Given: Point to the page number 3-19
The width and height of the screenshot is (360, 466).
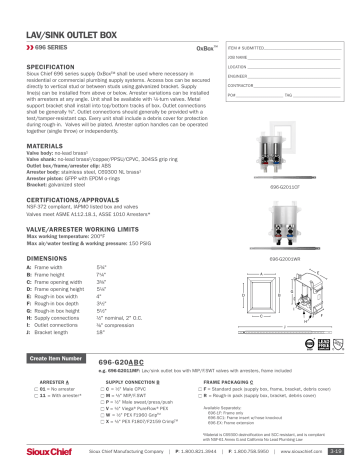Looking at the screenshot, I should pyautogui.click(x=341, y=451).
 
